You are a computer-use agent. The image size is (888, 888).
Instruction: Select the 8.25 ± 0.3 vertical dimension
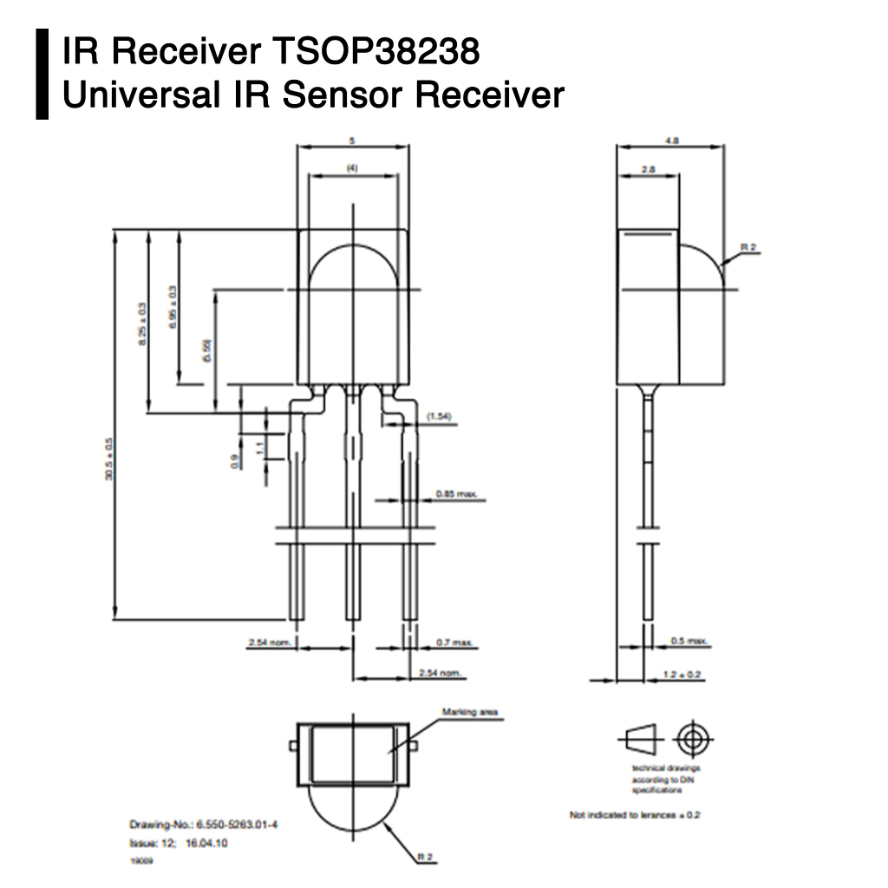point(143,325)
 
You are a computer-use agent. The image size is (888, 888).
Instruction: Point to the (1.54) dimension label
point(440,417)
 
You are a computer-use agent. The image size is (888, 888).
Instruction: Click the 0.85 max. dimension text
point(456,494)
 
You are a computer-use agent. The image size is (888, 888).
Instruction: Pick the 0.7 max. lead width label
point(454,643)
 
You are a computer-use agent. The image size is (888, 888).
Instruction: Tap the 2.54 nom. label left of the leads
point(268,643)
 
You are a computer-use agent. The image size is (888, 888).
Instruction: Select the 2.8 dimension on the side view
point(648,170)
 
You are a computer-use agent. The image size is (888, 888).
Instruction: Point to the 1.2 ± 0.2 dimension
point(681,674)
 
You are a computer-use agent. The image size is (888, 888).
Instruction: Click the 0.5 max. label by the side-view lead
point(690,641)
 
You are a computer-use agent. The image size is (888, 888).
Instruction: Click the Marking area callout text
point(470,712)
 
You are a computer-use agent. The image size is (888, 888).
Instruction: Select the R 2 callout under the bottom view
point(425,857)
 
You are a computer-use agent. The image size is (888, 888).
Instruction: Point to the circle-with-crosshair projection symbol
point(691,740)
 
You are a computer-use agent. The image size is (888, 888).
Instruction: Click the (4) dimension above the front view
point(352,168)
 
